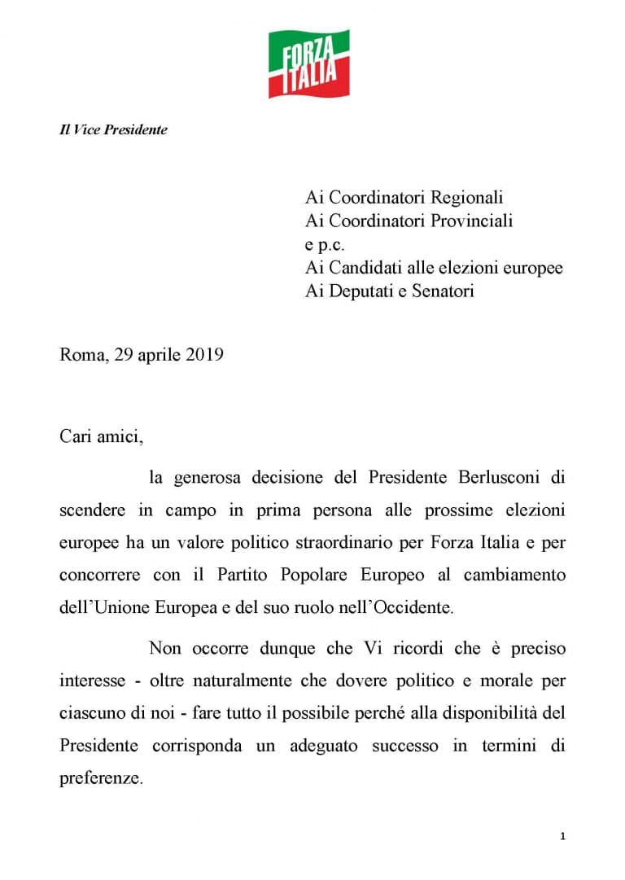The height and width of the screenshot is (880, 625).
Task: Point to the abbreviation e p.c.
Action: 325,244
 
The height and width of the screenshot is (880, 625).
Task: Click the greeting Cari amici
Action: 101,436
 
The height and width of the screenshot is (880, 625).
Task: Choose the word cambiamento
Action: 514,574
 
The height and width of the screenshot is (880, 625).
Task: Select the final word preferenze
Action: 101,777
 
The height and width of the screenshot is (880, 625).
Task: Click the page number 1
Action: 562,836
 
